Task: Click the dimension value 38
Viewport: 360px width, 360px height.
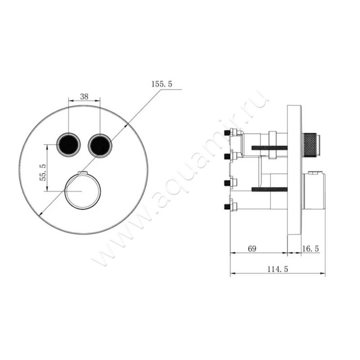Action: (x=84, y=96)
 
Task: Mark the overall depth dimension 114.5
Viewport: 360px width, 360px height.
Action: (x=277, y=269)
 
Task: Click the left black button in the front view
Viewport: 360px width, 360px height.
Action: (x=68, y=144)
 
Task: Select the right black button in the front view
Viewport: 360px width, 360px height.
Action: (x=99, y=144)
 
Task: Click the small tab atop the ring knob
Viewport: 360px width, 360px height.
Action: (x=82, y=173)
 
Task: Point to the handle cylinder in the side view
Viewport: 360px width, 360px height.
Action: (x=314, y=192)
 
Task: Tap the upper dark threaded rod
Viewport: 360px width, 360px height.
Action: (x=269, y=148)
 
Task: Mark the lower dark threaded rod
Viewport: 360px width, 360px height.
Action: (x=269, y=189)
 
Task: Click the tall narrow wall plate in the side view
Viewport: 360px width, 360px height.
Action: (x=294, y=170)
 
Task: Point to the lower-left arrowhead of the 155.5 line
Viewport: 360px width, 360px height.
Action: (x=40, y=214)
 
